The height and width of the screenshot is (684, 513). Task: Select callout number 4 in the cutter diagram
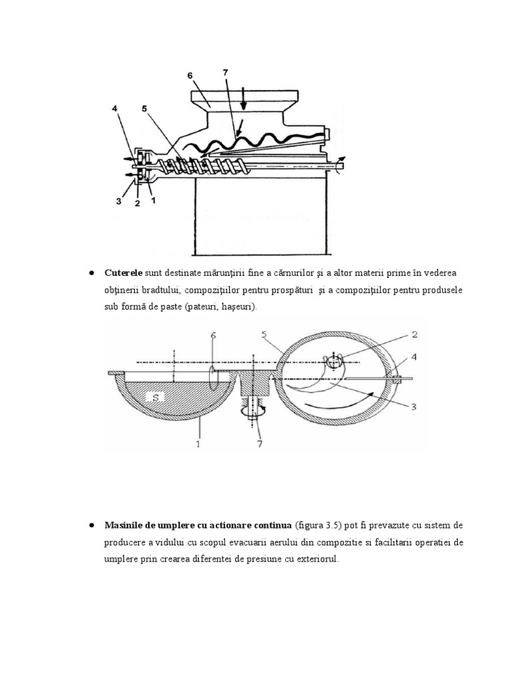[x=414, y=357]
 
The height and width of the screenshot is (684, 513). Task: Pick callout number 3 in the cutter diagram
[x=413, y=405]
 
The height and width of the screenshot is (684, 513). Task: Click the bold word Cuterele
[x=123, y=274]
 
